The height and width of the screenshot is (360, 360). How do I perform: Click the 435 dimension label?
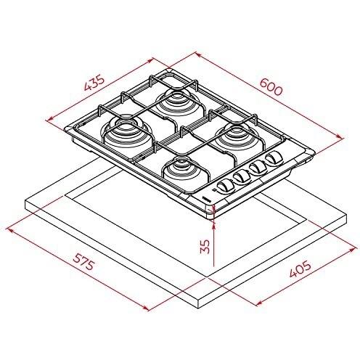(94, 83)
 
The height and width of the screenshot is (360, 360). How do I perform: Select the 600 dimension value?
(271, 87)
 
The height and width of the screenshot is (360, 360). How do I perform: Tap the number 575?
(83, 262)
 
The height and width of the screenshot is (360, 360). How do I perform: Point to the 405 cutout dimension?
(300, 269)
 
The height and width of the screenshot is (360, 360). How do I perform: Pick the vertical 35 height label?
(205, 246)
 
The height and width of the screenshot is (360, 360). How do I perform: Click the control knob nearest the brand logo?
(224, 187)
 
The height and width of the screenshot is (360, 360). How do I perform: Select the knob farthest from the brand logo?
(274, 158)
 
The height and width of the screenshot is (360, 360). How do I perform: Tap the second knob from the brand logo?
(242, 177)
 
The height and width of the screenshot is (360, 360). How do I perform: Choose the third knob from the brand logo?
(258, 168)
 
